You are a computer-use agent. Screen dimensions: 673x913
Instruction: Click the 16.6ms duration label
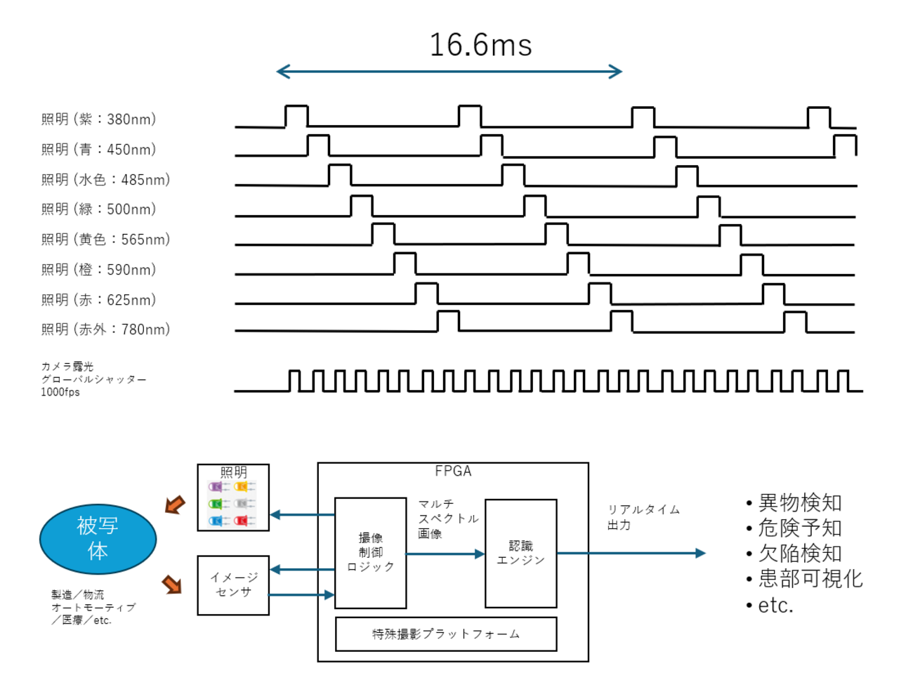(480, 45)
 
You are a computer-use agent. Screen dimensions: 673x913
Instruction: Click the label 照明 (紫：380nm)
(98, 119)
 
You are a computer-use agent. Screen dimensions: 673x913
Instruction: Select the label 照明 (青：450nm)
(98, 150)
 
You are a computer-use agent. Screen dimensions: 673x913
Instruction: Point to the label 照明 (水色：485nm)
(105, 180)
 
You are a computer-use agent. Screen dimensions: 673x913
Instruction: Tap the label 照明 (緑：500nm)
(98, 209)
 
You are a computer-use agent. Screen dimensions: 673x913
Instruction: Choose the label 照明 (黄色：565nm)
(105, 240)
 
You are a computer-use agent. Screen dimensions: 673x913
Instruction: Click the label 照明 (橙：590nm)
(98, 270)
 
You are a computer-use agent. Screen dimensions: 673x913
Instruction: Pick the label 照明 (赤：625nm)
(98, 300)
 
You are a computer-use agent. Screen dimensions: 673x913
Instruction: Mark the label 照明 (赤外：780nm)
(105, 329)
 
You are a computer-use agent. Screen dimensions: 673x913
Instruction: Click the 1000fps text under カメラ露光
(60, 392)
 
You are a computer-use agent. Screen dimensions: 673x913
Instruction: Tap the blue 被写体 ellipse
(98, 539)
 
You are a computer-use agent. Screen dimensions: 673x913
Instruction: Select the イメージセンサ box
(233, 585)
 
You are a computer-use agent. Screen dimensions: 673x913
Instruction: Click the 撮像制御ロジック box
(370, 553)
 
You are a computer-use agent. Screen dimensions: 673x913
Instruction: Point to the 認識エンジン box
(520, 553)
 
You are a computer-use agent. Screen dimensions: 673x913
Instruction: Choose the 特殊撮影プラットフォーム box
(446, 634)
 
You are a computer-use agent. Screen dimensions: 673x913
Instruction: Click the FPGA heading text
(453, 471)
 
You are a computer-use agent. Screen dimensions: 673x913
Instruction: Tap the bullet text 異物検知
(799, 503)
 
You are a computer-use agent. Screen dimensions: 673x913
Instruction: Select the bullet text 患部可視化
(810, 579)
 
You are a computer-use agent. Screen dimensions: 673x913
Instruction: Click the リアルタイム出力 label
(643, 517)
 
